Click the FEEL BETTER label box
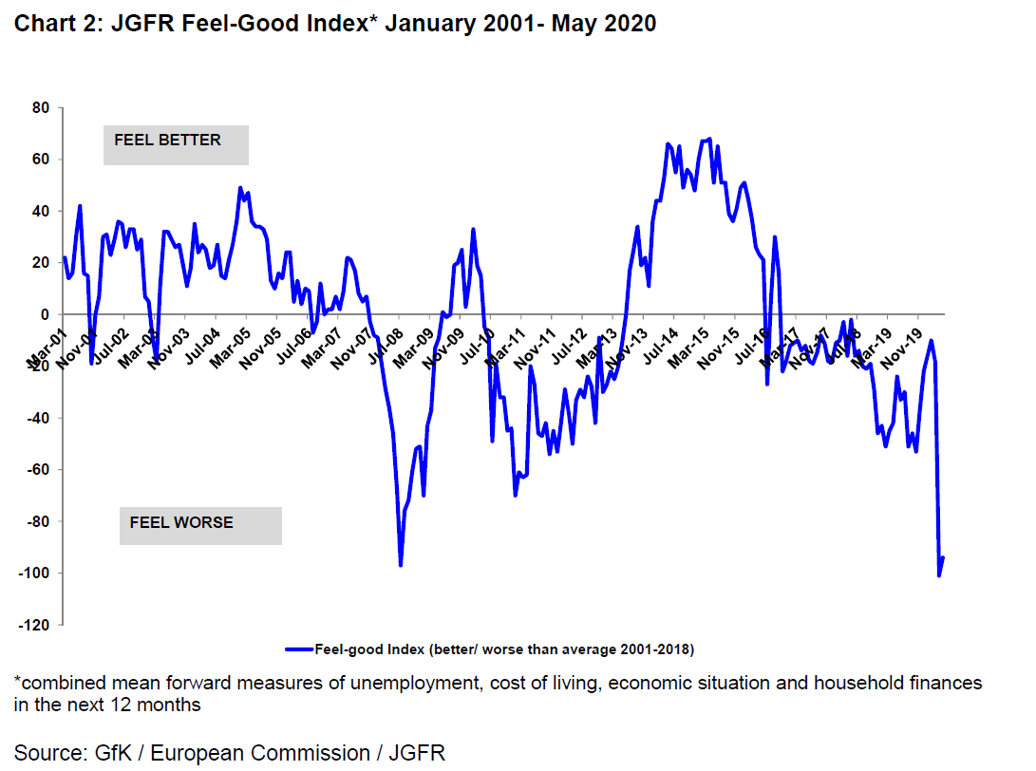(x=176, y=144)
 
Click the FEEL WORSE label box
(x=200, y=525)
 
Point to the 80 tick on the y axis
(x=41, y=108)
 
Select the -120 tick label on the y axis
(x=35, y=625)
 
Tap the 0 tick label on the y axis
(x=45, y=315)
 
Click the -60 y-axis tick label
(x=38, y=470)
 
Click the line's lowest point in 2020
(x=939, y=575)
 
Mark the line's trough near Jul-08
(x=401, y=566)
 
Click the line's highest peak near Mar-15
(x=709, y=139)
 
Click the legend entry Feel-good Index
(x=502, y=649)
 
